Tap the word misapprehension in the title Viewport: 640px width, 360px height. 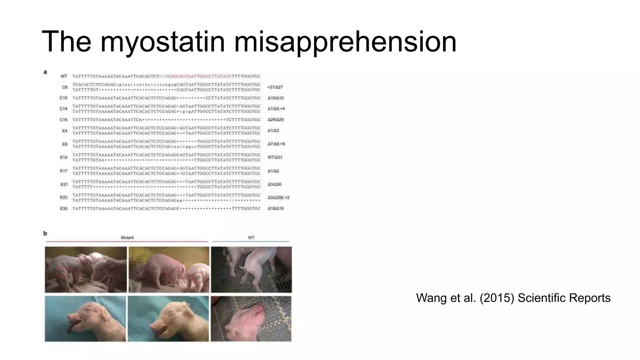pyautogui.click(x=345, y=42)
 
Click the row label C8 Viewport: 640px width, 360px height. pyautogui.click(x=65, y=87)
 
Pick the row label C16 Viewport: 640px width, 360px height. pyautogui.click(x=63, y=120)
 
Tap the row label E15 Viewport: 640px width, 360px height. pyautogui.click(x=64, y=157)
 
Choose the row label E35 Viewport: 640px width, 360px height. pyautogui.click(x=64, y=208)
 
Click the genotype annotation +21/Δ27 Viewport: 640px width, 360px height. pyautogui.click(x=275, y=87)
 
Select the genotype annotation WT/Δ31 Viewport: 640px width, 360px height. pyautogui.click(x=275, y=157)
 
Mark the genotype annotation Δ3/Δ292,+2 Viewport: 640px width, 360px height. pyautogui.click(x=278, y=197)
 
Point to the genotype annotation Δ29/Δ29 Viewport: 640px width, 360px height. pyautogui.click(x=275, y=120)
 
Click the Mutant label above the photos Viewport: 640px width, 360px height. pyautogui.click(x=127, y=238)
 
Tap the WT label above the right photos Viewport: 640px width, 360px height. pyautogui.click(x=251, y=238)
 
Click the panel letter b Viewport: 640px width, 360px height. pyautogui.click(x=45, y=233)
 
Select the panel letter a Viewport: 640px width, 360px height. pyautogui.click(x=45, y=72)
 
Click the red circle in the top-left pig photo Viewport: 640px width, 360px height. pyautogui.click(x=62, y=272)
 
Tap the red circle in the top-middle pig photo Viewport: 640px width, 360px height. pyautogui.click(x=198, y=277)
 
